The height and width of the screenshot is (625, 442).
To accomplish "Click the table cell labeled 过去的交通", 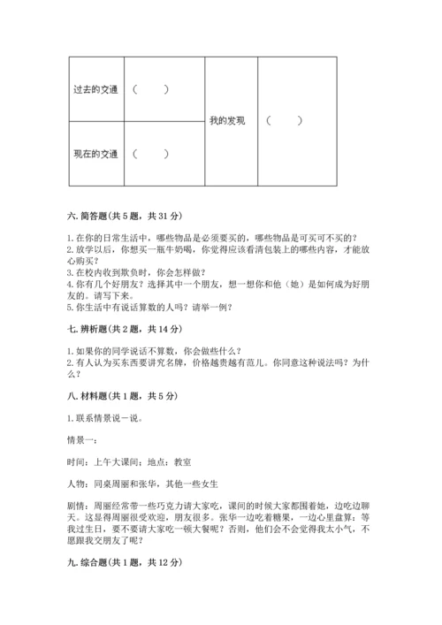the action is coord(95,89).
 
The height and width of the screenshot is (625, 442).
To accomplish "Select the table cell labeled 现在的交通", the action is coord(95,154).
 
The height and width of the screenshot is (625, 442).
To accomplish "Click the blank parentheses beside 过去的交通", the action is coord(150,89).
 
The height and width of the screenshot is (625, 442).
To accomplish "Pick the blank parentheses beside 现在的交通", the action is coord(150,154).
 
